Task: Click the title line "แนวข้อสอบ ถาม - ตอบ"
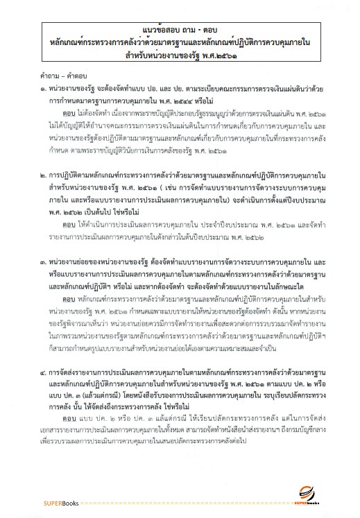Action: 180,30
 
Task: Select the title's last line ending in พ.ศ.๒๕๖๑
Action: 180,57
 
